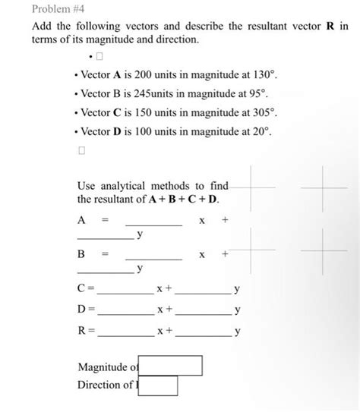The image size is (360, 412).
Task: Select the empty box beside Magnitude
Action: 171,366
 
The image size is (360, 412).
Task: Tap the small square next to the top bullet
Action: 99,57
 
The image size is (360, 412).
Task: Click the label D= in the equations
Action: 86,310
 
